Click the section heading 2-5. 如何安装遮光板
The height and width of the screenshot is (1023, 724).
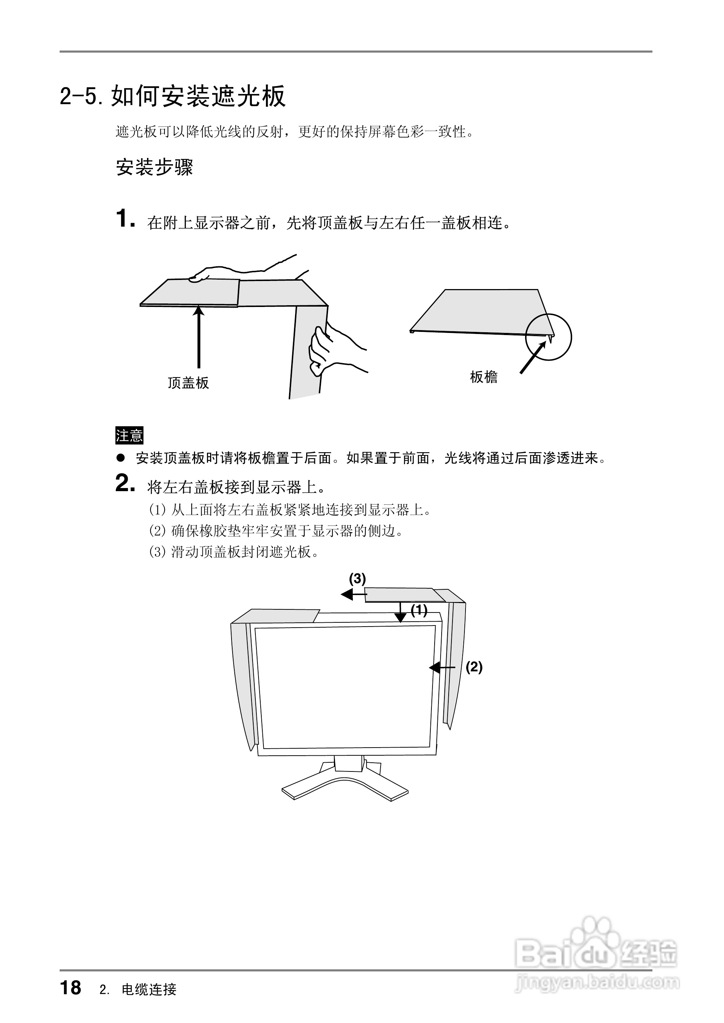[x=173, y=95]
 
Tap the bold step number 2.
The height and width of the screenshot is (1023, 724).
[x=125, y=484]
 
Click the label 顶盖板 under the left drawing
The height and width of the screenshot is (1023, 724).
[x=188, y=383]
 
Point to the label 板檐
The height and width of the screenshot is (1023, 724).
[x=484, y=377]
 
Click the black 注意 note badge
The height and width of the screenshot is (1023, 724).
[x=129, y=435]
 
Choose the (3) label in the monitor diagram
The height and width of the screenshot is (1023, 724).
[x=357, y=579]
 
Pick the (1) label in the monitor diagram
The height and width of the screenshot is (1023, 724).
[x=419, y=610]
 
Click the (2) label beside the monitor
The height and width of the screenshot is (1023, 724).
[x=474, y=667]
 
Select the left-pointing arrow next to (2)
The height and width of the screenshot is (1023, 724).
[x=442, y=667]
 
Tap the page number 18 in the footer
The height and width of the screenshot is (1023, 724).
[x=71, y=987]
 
